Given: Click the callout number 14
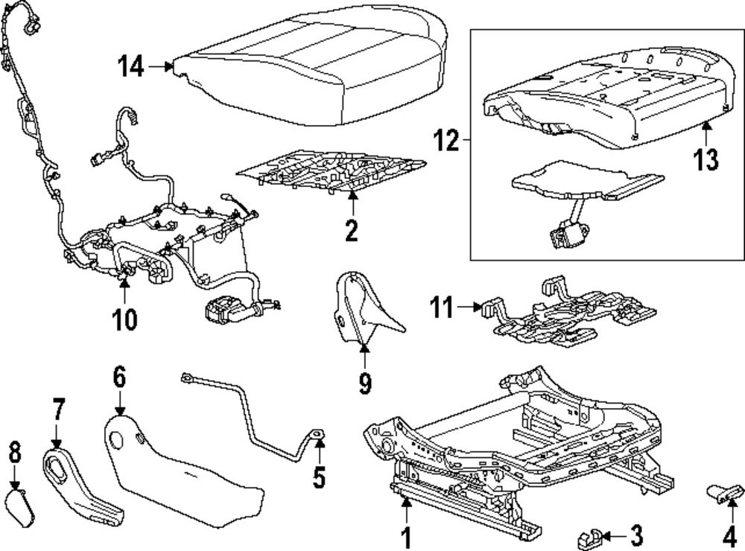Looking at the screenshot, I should pos(132,68).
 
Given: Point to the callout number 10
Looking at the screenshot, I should pos(125,319).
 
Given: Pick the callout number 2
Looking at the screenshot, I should pos(351,230).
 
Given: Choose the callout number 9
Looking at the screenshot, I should pos(364,383).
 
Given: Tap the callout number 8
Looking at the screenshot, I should pos(14,453).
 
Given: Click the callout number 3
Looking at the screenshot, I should pos(635,535).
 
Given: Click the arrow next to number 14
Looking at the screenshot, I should pos(159,67).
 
